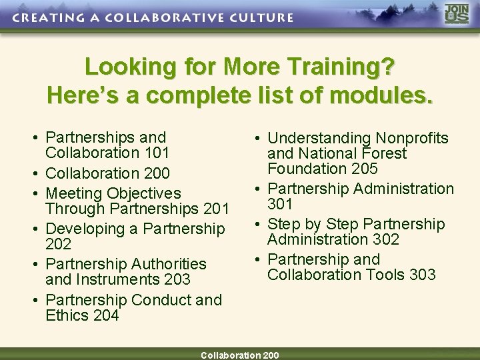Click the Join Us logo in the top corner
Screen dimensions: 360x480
point(457,15)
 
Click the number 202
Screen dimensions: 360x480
point(59,245)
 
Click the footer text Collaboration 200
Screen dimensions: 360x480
point(240,355)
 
